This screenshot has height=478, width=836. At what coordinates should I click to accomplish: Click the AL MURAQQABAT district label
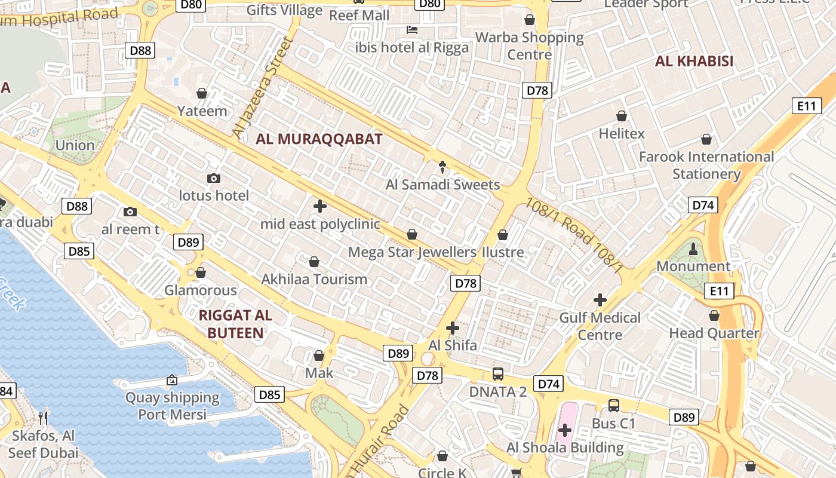[319, 139]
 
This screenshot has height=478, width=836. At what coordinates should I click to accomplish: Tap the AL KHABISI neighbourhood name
[694, 61]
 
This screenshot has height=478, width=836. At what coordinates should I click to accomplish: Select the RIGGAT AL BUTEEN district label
[235, 324]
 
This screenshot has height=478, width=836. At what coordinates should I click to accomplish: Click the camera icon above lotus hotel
[213, 178]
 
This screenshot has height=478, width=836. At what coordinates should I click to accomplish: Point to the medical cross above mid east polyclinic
[320, 207]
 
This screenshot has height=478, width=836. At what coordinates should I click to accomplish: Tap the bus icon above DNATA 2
[498, 374]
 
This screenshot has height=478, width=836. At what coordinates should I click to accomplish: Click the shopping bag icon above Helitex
[622, 116]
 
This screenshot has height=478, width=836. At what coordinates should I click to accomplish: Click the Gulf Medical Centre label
[600, 326]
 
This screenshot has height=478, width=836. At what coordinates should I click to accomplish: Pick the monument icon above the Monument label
[693, 249]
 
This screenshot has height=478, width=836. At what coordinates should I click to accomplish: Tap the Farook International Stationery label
[706, 166]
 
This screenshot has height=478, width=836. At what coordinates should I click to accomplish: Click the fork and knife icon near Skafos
[43, 417]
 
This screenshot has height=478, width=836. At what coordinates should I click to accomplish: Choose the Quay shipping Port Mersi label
[173, 406]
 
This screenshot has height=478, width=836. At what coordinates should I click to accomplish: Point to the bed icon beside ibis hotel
[412, 29]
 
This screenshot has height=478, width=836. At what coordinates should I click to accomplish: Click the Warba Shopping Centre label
[530, 46]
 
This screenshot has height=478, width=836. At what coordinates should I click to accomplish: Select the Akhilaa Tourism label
[314, 279]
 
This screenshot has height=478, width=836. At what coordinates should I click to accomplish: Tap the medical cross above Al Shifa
[453, 328]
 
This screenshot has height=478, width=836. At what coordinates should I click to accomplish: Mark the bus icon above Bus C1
[613, 406]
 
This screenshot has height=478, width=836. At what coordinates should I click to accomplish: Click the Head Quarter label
[714, 333]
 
